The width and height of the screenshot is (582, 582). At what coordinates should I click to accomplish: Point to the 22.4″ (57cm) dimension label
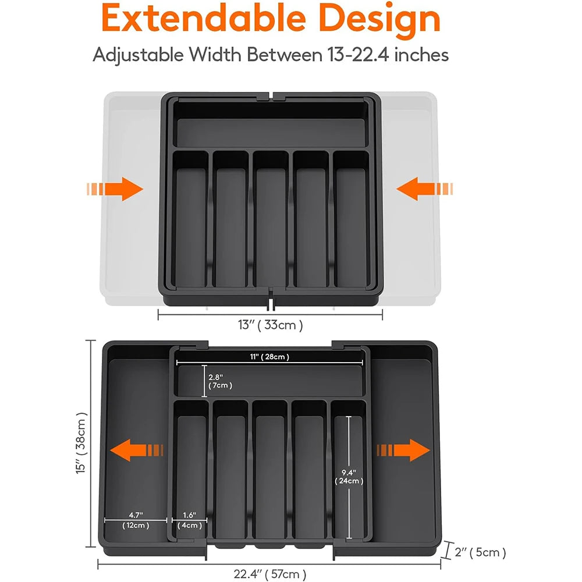[270, 574]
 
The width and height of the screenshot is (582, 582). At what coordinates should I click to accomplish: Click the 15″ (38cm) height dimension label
[82, 443]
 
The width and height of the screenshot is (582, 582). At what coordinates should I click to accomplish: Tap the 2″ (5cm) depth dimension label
[481, 552]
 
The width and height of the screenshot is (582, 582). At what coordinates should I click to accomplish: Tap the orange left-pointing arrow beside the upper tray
[424, 189]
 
